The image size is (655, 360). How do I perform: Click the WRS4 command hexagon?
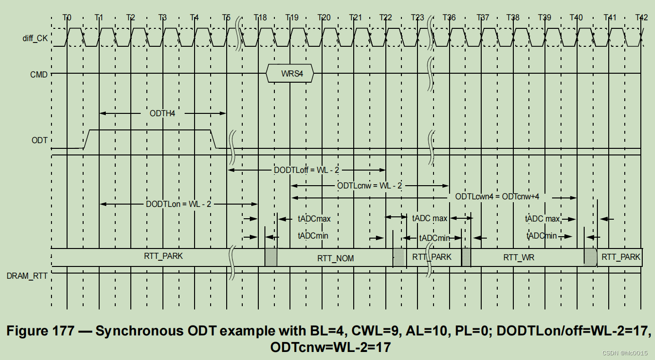pyautogui.click(x=290, y=74)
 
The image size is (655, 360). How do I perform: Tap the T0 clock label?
pyautogui.click(x=67, y=17)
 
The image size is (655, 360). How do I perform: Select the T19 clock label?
pyautogui.click(x=292, y=17)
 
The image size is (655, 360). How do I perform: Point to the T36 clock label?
pyautogui.click(x=449, y=17)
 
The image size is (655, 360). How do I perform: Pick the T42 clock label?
pyautogui.click(x=641, y=17)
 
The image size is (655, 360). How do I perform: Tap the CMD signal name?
pyautogui.click(x=39, y=74)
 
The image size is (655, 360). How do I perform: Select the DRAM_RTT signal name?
pyautogui.click(x=27, y=275)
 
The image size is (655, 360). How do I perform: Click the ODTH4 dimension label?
pyautogui.click(x=162, y=113)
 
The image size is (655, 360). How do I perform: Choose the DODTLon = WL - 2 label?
pyautogui.click(x=179, y=204)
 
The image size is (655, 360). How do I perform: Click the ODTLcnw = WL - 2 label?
pyautogui.click(x=370, y=186)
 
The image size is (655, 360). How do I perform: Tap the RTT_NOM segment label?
pyautogui.click(x=335, y=258)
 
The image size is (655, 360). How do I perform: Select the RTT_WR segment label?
pyautogui.click(x=519, y=257)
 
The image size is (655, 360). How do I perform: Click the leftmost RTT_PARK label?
pyautogui.click(x=163, y=256)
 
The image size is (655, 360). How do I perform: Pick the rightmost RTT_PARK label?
pyautogui.click(x=621, y=257)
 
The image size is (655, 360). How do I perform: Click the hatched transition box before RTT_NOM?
pyautogui.click(x=271, y=257)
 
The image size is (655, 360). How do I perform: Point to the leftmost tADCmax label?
pyautogui.click(x=314, y=219)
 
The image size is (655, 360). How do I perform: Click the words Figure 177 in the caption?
pyautogui.click(x=41, y=331)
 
